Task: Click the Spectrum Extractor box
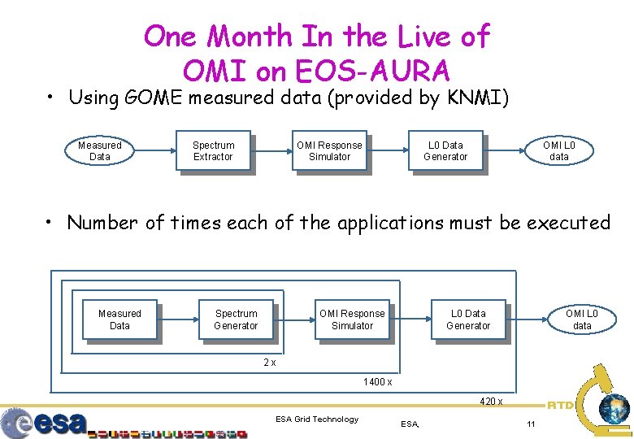coord(213,151)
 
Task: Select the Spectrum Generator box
coord(236,319)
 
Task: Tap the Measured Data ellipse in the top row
coord(100,151)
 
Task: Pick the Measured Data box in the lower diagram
coord(119,319)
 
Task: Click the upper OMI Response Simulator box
coord(329,151)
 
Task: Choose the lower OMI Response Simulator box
coord(352,319)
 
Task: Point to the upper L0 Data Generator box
coord(445,151)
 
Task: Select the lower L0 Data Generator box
coord(468,319)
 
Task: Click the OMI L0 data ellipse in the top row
coord(559,151)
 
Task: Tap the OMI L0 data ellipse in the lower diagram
coord(582,319)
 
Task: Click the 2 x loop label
coord(270,363)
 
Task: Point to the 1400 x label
coord(378,382)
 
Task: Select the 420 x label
coord(491,402)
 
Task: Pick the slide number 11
coord(531,424)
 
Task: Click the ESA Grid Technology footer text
coord(317,419)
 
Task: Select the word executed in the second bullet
coord(568,222)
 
